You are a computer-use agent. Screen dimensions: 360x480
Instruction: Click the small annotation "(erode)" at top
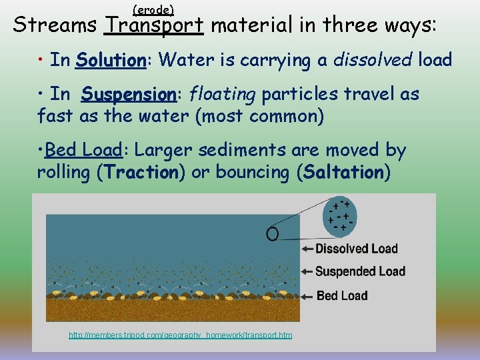[153, 9]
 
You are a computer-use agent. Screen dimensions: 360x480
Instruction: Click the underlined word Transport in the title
[154, 26]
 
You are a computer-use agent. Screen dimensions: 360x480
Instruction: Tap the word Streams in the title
[55, 26]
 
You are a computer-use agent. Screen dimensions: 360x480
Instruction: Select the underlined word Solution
[111, 61]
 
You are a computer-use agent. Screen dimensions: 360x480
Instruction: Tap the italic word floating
[223, 95]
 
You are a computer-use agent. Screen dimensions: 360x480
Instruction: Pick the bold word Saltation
[343, 173]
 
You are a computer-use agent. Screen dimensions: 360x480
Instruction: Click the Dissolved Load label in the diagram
[356, 249]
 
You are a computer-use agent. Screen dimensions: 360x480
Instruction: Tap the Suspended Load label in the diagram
[360, 271]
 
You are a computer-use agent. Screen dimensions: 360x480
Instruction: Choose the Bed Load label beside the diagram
[342, 295]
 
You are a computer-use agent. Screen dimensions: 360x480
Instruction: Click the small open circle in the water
[272, 233]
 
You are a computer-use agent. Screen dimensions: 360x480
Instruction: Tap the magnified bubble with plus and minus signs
[340, 216]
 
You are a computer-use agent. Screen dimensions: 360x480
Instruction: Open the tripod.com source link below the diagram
[180, 335]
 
